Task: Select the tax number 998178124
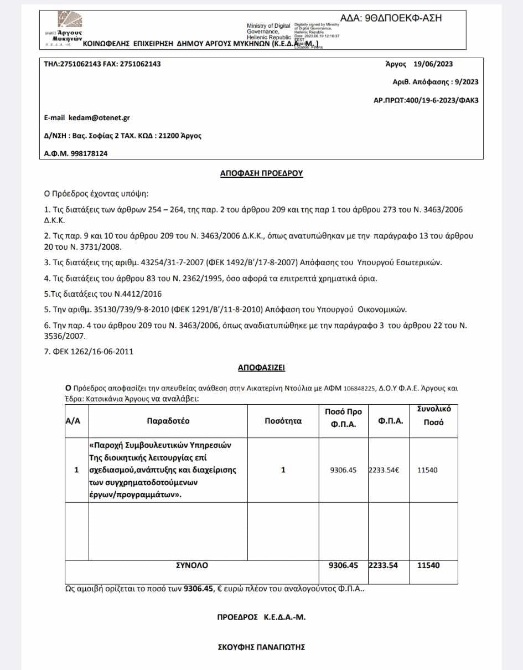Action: tap(89, 154)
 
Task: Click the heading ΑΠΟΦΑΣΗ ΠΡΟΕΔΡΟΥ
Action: tap(262, 174)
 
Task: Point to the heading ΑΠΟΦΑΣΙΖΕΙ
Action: tap(261, 367)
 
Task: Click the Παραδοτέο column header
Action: tap(168, 421)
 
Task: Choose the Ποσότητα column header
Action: tap(283, 421)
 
